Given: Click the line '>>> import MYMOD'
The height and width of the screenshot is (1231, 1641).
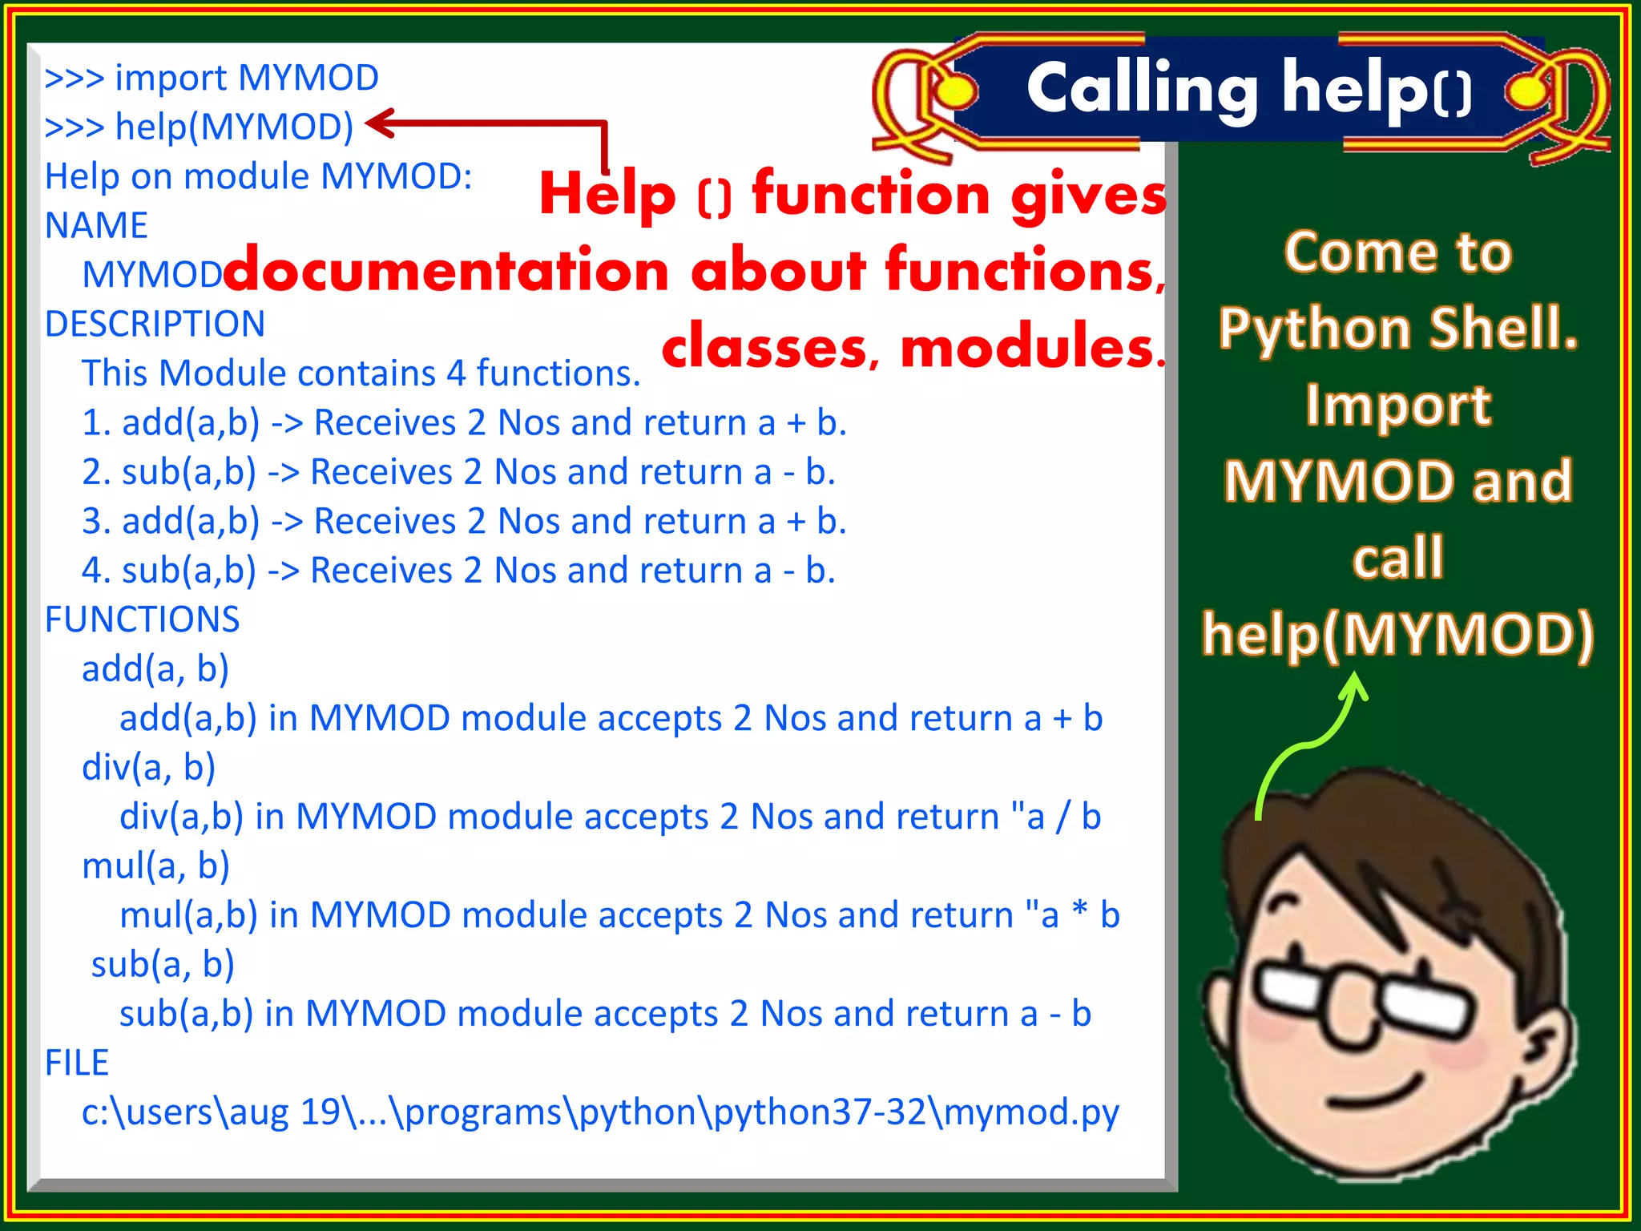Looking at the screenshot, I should coord(212,78).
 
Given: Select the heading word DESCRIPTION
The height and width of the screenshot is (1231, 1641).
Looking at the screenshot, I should coord(155,324).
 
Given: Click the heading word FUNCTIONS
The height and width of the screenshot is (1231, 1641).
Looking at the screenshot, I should coord(142,620).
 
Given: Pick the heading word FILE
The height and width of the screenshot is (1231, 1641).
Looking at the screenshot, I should coord(77,1063).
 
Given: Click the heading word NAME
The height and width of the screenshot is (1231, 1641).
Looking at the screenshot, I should coord(96,225).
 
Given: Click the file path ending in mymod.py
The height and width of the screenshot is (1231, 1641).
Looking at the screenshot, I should coord(600,1112).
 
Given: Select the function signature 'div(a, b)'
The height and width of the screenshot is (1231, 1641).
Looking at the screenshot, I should coord(149,767).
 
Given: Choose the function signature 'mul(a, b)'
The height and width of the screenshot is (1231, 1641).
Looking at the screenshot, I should coord(156,866).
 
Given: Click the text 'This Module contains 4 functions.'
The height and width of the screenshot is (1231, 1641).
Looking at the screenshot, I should coord(361,373).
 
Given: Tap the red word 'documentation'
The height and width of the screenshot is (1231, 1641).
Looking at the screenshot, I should coord(446,271).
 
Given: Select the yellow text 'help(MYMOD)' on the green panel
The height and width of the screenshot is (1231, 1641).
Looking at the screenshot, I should coord(1397,634).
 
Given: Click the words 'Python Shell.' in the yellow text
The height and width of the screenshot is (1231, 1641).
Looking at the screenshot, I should coord(1397,329).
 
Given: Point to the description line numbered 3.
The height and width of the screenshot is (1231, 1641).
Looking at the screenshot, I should coord(464,521).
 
